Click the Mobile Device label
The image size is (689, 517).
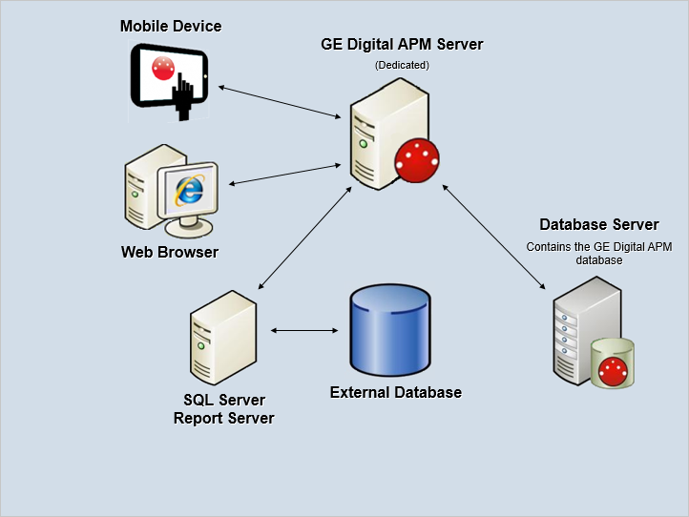[x=171, y=27]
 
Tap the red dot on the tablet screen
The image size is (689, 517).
[x=163, y=69]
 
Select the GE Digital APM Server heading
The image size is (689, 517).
[x=402, y=45]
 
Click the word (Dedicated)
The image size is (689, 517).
[x=402, y=65]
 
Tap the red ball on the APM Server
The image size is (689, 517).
[x=417, y=160]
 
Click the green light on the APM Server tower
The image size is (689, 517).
[x=363, y=144]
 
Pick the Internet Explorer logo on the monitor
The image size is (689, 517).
[x=189, y=190]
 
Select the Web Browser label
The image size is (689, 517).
[x=170, y=252]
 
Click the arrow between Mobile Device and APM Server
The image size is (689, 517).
[x=280, y=102]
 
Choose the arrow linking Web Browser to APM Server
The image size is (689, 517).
[x=285, y=175]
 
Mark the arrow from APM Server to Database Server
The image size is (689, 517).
[x=494, y=237]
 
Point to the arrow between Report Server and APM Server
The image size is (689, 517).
[x=305, y=238]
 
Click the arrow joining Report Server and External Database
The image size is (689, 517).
[x=304, y=330]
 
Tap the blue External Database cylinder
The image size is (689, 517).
[x=390, y=330]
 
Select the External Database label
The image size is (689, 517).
[x=396, y=392]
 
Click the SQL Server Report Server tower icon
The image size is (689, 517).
[x=223, y=338]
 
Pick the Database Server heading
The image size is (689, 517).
[x=599, y=224]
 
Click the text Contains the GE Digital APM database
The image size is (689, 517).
[x=599, y=254]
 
